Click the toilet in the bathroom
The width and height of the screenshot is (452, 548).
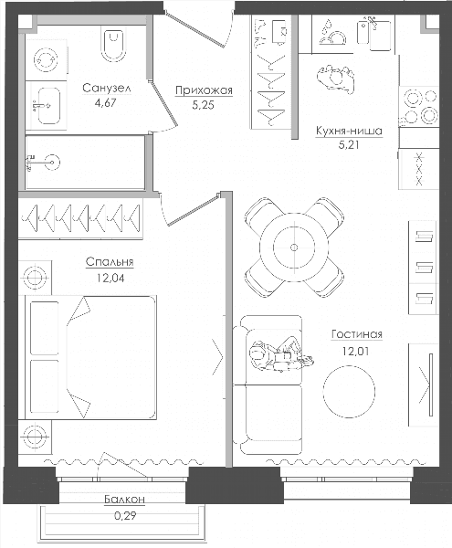click(x=114, y=45)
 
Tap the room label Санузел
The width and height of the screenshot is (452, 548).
click(x=107, y=89)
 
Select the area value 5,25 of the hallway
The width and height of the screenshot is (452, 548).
click(x=203, y=105)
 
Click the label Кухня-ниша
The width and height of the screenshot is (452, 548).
click(x=349, y=131)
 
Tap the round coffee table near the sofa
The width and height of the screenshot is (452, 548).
click(x=349, y=392)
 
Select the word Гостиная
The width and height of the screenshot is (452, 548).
click(x=357, y=334)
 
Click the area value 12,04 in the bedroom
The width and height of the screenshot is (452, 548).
click(x=110, y=278)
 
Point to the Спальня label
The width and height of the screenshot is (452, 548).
click(x=110, y=262)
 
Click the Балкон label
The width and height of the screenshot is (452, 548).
click(x=124, y=500)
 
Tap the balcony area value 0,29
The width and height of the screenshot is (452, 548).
click(x=125, y=515)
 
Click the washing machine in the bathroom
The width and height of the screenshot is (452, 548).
click(x=46, y=58)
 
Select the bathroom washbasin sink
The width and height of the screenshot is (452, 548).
click(x=49, y=105)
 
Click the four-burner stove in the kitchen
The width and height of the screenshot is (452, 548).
click(x=420, y=106)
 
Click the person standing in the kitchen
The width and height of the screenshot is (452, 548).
click(x=336, y=79)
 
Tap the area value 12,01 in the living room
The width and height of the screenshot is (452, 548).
click(x=355, y=351)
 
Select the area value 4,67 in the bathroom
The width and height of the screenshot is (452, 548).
click(x=105, y=103)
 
